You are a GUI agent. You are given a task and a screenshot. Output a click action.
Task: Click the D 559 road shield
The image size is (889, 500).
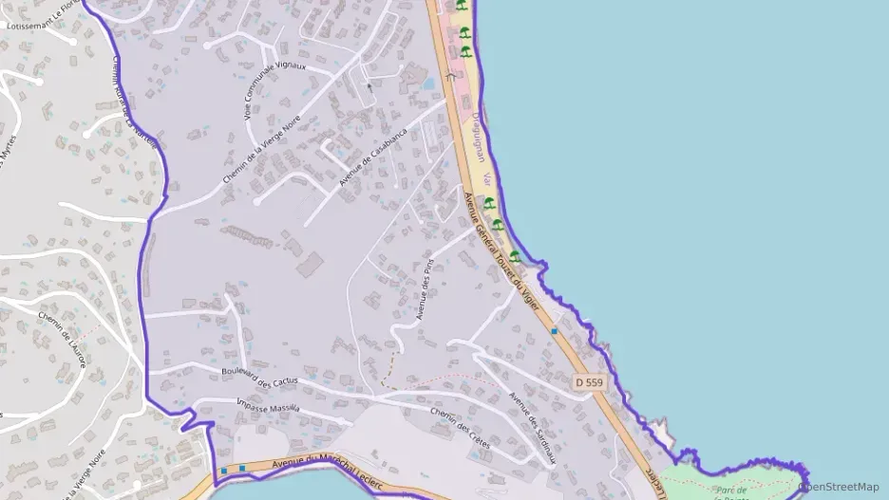[589, 382]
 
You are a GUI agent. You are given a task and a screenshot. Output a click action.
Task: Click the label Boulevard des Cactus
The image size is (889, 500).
[258, 377]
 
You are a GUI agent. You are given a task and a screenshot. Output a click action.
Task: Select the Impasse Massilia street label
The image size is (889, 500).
[266, 406]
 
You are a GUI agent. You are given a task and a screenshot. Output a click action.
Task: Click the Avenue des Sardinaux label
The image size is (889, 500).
[531, 428]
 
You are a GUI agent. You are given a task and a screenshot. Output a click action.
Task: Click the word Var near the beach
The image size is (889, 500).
[488, 179]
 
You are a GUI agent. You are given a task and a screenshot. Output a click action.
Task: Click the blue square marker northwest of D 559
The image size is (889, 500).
[554, 331]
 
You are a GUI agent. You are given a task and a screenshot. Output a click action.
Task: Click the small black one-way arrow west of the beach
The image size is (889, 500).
[370, 86]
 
